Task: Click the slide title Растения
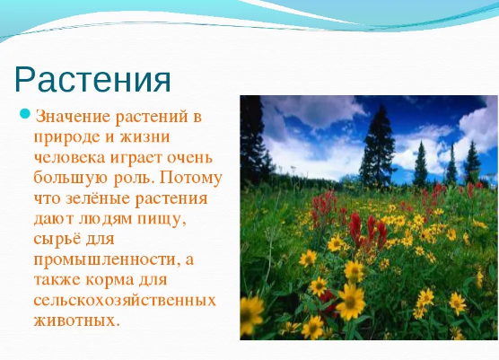point(92,80)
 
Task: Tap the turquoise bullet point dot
point(25,114)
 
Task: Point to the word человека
point(69,158)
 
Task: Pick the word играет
point(136,159)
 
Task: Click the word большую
point(71,178)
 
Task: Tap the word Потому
point(190,179)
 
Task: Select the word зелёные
point(98,199)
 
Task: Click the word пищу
point(162,220)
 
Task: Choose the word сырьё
point(57,240)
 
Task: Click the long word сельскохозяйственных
point(125,301)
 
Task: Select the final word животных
point(76,320)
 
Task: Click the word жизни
point(144,137)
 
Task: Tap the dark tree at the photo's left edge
point(252,140)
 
